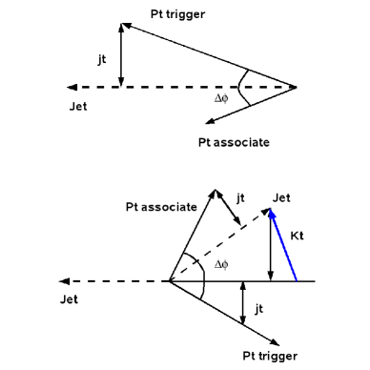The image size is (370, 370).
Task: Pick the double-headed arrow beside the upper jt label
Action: tap(121, 54)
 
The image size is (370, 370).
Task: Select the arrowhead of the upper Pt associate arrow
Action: tap(206, 122)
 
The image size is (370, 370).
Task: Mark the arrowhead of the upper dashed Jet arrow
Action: tap(61, 87)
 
